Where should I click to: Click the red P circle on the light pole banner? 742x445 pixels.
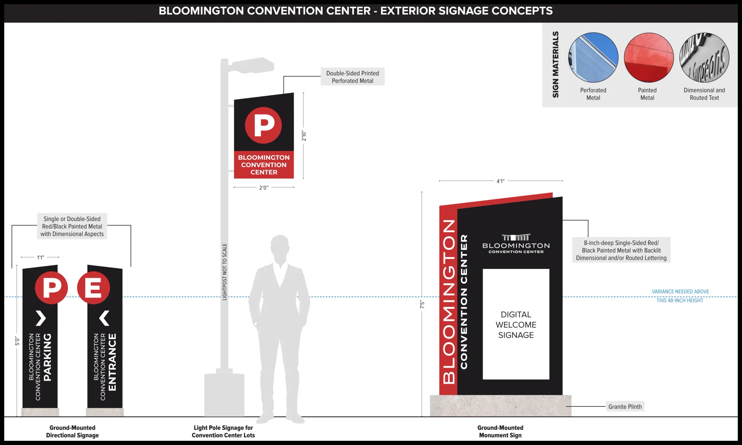point(263,125)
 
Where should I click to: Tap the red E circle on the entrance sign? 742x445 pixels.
point(93,288)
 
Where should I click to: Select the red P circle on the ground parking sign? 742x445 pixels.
point(52,288)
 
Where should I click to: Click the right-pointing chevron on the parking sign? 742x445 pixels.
point(41,318)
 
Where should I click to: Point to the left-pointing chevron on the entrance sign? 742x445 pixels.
point(104,318)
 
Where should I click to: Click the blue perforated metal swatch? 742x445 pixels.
point(593,57)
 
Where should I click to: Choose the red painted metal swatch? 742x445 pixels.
point(649,57)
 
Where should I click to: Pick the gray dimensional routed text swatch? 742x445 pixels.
point(704,57)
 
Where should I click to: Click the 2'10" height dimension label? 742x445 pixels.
point(304,136)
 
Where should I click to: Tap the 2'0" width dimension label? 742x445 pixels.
point(264,188)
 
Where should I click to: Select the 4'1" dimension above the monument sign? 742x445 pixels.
point(500,181)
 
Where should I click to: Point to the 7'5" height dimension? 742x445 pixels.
point(422,304)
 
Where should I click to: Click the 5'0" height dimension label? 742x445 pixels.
point(17,341)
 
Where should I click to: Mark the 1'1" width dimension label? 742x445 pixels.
point(40,257)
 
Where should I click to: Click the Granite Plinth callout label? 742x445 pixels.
point(625,406)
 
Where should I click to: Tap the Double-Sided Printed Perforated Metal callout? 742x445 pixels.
point(352,77)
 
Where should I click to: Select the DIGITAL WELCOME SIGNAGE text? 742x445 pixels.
point(516,324)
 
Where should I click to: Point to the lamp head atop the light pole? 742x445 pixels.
point(252,65)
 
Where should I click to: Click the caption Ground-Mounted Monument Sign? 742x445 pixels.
point(500,431)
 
